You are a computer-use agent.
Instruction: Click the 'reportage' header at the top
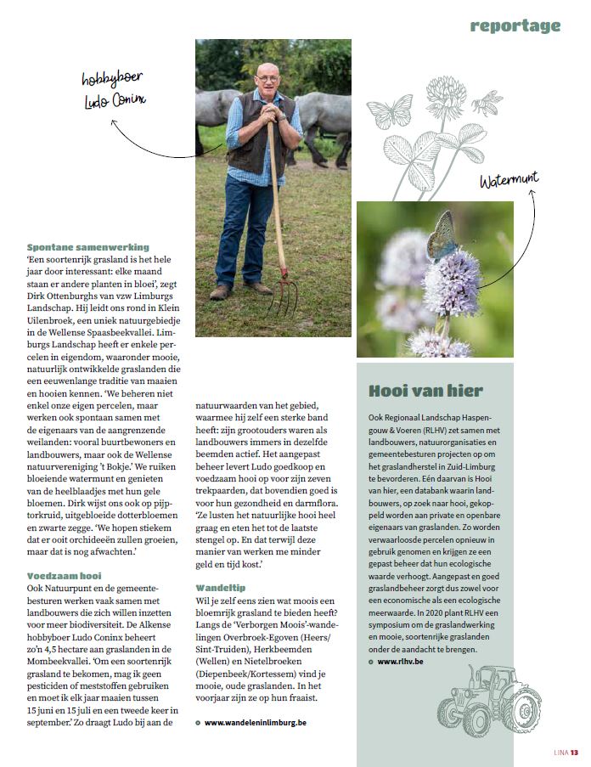pos(515,25)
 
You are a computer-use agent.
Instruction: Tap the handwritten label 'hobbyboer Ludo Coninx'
pos(113,89)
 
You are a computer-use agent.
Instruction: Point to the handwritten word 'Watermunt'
pos(509,180)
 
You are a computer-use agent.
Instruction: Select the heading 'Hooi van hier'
pos(426,391)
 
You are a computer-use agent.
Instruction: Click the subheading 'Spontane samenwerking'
pos(88,247)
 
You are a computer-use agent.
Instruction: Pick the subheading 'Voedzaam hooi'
pos(65,575)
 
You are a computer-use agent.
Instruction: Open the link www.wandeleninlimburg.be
pos(255,722)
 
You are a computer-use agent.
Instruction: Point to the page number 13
pos(574,752)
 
